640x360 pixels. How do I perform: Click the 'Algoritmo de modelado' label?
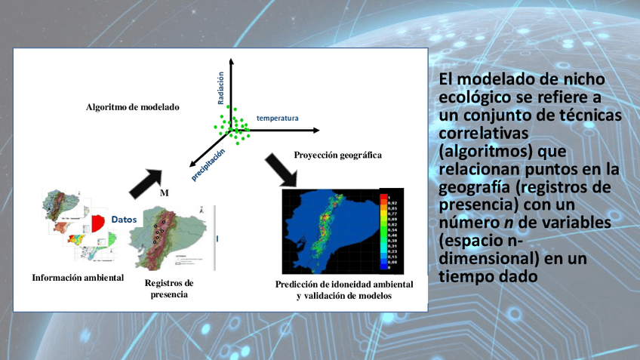(133, 107)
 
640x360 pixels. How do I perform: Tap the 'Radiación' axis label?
(221, 88)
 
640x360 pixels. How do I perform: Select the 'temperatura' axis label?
(277, 118)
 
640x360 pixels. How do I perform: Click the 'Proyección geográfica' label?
(337, 155)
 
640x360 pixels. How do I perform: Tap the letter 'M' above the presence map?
(164, 192)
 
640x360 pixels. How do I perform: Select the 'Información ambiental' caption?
(78, 277)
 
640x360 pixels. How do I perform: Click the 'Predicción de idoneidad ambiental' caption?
(344, 284)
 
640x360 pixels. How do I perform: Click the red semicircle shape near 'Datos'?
(99, 222)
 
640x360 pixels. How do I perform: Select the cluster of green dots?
(234, 125)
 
